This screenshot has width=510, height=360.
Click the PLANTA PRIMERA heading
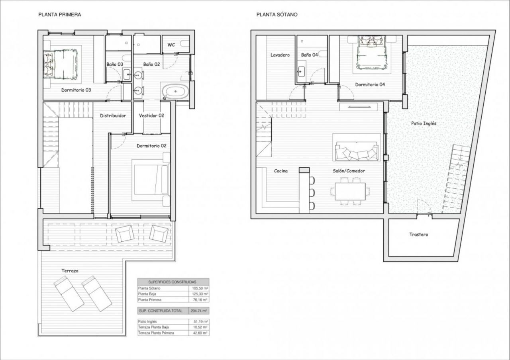point(60,15)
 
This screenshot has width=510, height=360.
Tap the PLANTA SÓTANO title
point(277,15)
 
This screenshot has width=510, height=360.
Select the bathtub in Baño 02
point(175,92)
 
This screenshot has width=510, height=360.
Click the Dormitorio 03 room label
point(76,90)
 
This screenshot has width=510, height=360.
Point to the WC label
point(171,45)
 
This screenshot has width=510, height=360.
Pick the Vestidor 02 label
point(151,115)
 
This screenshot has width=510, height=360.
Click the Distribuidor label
point(113,115)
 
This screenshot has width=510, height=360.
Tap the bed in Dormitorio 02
point(151,180)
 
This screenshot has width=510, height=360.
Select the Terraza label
point(70,271)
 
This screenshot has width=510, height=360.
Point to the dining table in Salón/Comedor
point(350,192)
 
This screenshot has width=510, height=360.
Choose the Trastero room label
point(419,235)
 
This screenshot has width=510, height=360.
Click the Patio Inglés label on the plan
point(424,123)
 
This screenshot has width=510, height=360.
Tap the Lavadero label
point(280,55)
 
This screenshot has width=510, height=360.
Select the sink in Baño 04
point(301,71)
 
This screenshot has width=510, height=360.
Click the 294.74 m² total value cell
point(199,311)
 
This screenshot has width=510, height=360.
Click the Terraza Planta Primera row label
point(156,333)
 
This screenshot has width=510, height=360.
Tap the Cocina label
point(281,171)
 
